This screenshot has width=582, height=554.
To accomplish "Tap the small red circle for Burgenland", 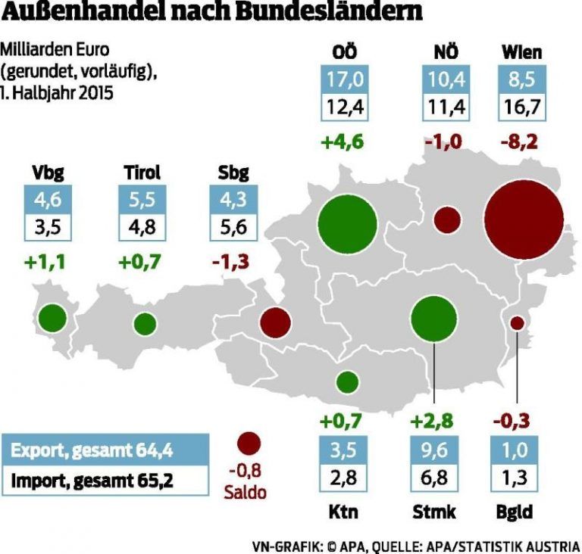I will coord(517,323).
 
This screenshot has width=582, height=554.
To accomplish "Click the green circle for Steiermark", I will coord(434,318).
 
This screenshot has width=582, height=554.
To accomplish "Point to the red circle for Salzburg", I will coord(276,322).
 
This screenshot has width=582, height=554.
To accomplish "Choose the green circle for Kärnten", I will coord(348,382).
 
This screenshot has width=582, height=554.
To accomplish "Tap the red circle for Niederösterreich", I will coord(447,220).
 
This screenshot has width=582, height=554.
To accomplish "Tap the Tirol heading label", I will coord(141,173).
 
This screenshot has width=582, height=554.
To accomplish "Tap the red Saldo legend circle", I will coord(249,444).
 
